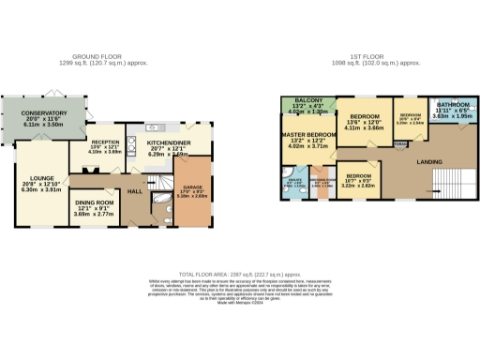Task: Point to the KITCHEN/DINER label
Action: click(x=167, y=142)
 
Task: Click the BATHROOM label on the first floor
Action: click(x=452, y=105)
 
